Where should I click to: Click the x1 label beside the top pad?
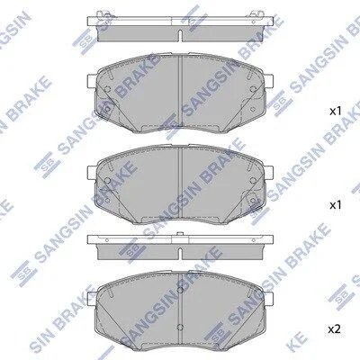[336, 112]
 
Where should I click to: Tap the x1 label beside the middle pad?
[336, 205]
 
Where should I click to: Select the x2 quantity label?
[335, 329]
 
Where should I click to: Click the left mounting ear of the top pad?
[91, 81]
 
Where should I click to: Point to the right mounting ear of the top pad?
[269, 81]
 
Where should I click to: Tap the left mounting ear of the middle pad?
[91, 173]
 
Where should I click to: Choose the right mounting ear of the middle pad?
[269, 173]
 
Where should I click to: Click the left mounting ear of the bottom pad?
[91, 299]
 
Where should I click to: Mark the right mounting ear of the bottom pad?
[269, 299]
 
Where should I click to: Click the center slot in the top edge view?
[180, 36]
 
